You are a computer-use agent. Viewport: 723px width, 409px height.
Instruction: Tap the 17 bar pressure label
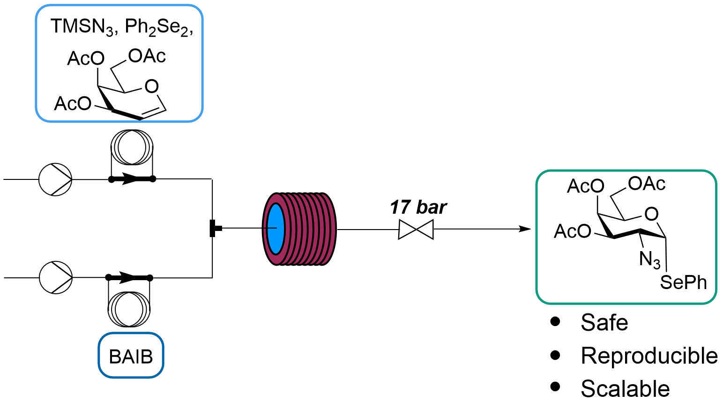[x=418, y=207]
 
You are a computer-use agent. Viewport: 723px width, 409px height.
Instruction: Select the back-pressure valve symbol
[x=416, y=230]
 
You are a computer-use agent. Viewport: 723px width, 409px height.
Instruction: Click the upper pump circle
[x=55, y=179]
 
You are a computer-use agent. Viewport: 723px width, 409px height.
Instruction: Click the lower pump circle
[x=56, y=277]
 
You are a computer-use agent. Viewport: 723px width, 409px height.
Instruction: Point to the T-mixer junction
[x=213, y=228]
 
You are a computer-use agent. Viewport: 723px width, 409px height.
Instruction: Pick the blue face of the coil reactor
[x=276, y=229]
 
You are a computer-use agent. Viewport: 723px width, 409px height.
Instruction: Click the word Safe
[x=604, y=322]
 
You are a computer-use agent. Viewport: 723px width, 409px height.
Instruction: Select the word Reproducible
[x=649, y=356]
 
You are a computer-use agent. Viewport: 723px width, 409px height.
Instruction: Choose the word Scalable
[x=625, y=389]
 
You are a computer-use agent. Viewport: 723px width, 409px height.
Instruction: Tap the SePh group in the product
[x=683, y=283]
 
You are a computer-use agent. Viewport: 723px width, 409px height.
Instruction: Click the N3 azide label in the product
[x=649, y=259]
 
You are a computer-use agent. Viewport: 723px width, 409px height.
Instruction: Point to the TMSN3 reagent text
[x=82, y=27]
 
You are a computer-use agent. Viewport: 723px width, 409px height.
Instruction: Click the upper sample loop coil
[x=132, y=148]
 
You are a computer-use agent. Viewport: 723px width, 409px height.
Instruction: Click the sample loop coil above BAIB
[x=129, y=309]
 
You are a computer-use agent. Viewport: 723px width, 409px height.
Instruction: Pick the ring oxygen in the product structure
[x=651, y=214]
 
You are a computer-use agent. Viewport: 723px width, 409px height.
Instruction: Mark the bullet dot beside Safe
[x=556, y=321]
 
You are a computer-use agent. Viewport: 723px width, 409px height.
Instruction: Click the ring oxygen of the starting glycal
[x=151, y=86]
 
